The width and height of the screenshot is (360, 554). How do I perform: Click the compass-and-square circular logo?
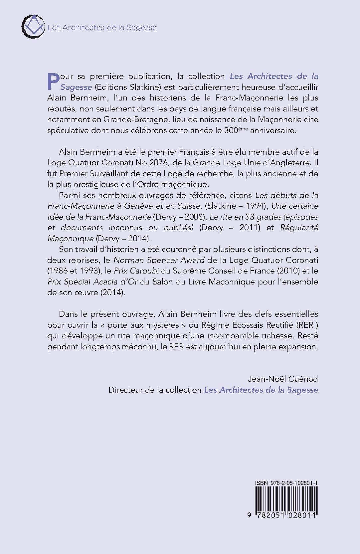(x=33, y=27)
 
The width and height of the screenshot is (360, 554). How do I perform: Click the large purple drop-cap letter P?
(x=53, y=81)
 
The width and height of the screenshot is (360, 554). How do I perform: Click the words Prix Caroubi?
(x=136, y=271)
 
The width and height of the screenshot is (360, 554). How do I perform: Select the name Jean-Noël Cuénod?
(x=283, y=379)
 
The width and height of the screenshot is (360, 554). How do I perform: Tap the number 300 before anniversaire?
(x=231, y=130)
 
